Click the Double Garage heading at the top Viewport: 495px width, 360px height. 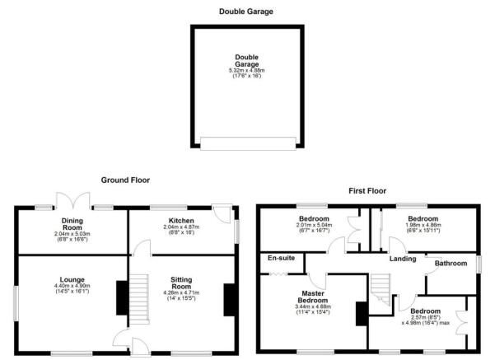point(245,12)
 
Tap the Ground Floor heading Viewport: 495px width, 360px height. point(125,179)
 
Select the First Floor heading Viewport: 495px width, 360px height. point(366,190)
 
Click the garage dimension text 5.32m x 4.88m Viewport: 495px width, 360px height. point(245,71)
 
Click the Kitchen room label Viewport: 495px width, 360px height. point(181,221)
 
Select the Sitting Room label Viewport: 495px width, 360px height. point(181,283)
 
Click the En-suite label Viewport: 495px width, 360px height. point(281,259)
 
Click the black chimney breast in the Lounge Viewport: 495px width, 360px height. point(121,298)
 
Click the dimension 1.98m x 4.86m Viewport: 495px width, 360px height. point(424,223)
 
